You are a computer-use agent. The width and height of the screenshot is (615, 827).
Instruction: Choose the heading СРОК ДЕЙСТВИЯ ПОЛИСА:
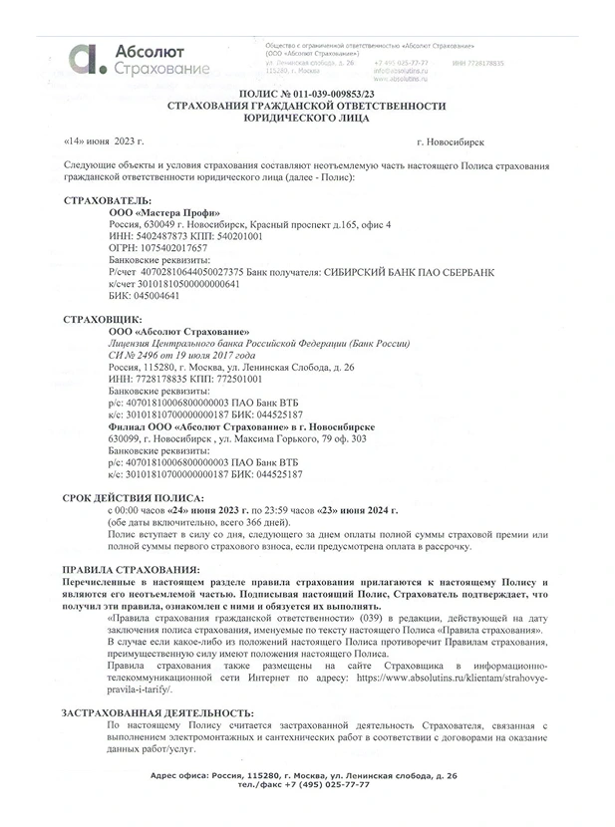(x=134, y=497)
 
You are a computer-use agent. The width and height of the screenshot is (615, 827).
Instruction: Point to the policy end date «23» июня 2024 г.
(x=360, y=509)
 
